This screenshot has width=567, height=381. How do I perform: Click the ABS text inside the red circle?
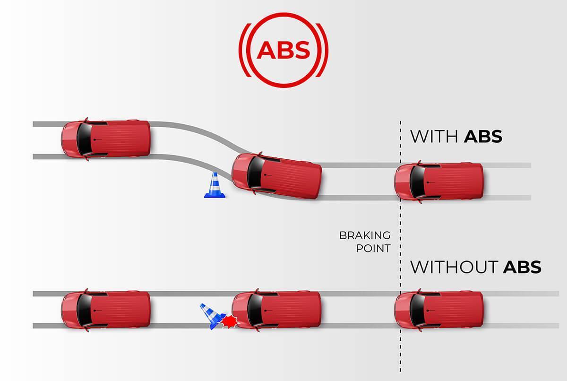coord(283,50)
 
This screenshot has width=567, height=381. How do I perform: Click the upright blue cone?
coord(215,186)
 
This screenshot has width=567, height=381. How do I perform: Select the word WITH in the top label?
coord(434,137)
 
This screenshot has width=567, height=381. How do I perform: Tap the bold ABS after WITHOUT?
coord(522,267)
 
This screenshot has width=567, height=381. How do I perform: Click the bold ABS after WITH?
coord(482,137)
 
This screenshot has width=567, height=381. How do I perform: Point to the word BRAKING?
coord(365,235)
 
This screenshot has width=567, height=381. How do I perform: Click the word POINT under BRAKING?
coord(373,248)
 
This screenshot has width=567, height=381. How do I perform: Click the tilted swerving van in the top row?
coord(277,176)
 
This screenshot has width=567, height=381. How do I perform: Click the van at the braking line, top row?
coord(439,182)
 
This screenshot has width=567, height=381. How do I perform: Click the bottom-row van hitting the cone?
coord(277,310)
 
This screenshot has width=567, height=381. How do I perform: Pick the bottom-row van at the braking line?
coord(439,310)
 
